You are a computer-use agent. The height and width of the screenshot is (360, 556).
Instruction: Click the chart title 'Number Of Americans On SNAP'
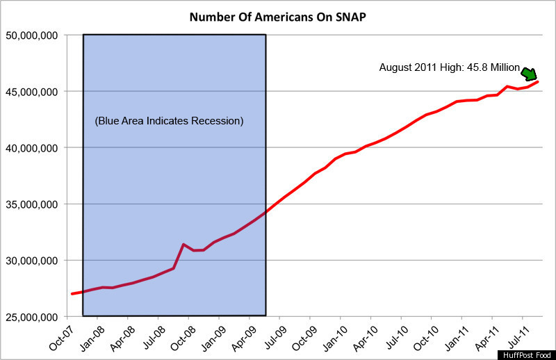[277, 16]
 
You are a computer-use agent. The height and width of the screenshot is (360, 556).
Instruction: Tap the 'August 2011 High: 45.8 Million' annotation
[449, 67]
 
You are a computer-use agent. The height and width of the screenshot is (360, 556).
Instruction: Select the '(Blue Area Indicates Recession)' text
[169, 121]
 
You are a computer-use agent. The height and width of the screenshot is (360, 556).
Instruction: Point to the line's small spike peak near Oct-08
[183, 244]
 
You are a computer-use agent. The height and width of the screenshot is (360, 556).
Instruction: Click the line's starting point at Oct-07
[72, 294]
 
